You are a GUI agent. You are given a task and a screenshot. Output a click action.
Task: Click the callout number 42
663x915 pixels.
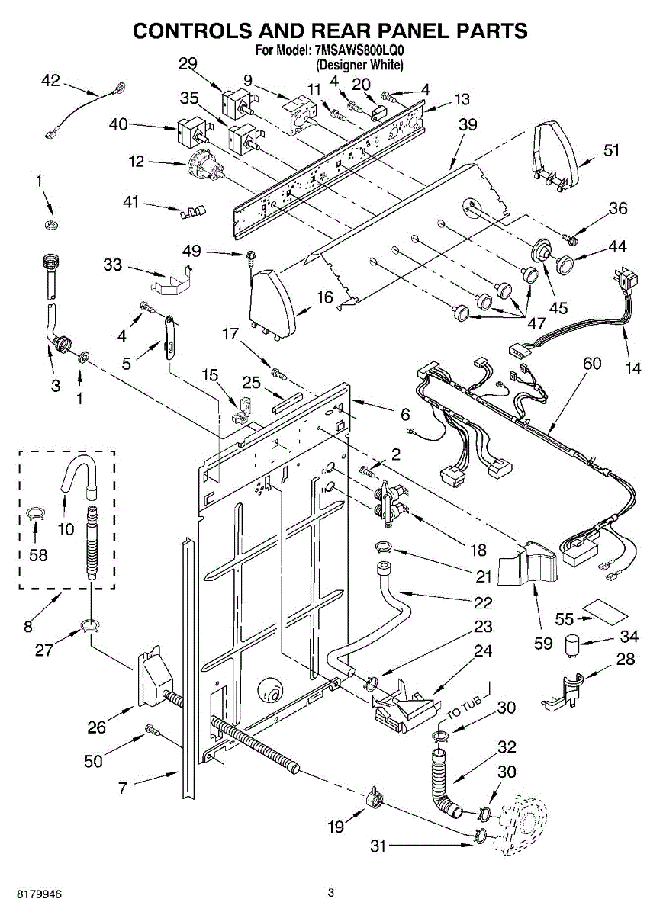point(50,81)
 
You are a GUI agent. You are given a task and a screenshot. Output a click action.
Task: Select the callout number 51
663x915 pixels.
point(611,150)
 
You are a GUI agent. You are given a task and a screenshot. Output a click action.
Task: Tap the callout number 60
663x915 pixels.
point(591,363)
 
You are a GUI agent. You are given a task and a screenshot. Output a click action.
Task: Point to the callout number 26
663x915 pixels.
point(96,727)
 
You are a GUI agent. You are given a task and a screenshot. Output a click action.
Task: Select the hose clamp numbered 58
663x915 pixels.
point(36,512)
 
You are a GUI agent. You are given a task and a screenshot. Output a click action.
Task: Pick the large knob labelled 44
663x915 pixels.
point(565,265)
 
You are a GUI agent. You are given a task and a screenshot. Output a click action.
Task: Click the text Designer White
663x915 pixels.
point(359,65)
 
